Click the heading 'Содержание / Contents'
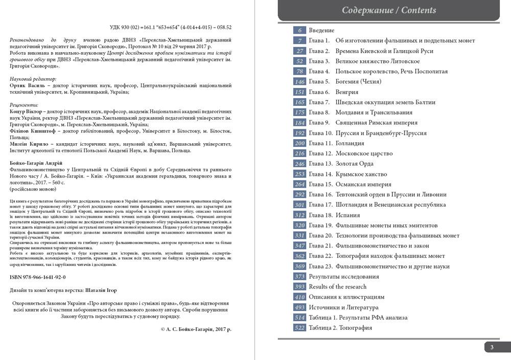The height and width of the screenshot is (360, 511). click(389, 10)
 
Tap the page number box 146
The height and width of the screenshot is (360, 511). click(299, 82)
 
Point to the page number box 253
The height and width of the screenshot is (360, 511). click(299, 174)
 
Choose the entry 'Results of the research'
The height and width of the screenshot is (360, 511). click(337, 286)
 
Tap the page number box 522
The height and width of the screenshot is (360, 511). click(299, 328)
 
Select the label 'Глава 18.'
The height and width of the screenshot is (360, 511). click(320, 215)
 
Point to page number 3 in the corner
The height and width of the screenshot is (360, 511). click(492, 348)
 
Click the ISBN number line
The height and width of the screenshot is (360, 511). click(38, 277)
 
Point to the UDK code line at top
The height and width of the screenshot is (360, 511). click(171, 27)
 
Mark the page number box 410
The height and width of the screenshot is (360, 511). click(299, 297)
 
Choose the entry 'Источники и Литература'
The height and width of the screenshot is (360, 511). click(343, 307)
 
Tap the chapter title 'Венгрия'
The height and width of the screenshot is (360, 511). click(346, 92)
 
